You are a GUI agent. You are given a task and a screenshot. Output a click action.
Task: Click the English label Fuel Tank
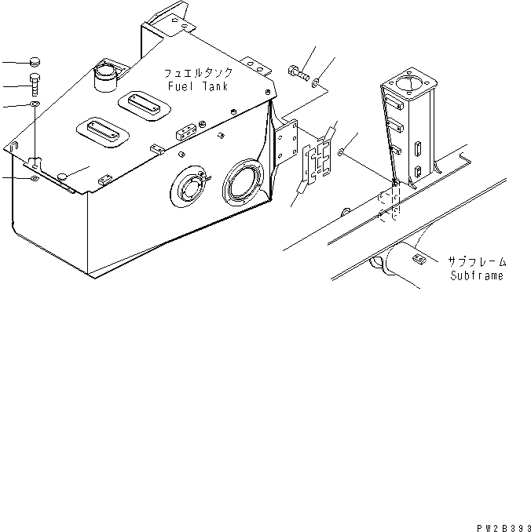196,86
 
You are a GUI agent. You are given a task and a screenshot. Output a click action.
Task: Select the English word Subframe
477,276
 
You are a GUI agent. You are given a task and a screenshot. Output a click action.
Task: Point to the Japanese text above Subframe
477,262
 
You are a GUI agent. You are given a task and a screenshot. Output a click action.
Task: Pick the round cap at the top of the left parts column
35,61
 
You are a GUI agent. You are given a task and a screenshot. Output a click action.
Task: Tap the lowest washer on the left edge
35,180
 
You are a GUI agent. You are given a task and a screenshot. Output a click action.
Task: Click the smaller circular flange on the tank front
191,188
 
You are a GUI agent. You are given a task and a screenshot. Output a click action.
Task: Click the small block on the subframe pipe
418,257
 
